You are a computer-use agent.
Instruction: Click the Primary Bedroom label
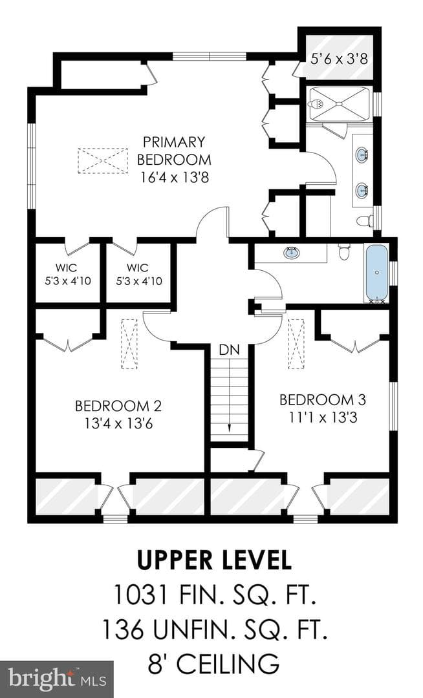click(x=173, y=151)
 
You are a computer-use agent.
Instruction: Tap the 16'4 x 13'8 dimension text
click(x=175, y=178)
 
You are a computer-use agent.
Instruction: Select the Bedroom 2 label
click(x=118, y=406)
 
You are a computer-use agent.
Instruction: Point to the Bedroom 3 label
click(x=322, y=400)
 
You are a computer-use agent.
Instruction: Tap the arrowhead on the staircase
click(x=230, y=428)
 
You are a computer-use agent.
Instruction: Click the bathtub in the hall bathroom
click(x=376, y=273)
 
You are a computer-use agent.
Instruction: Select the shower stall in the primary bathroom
click(x=340, y=103)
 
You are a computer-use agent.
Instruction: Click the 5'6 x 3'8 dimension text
click(x=340, y=58)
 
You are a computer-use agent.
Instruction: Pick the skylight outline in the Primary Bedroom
click(x=103, y=160)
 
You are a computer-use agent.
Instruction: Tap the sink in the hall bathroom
click(x=292, y=253)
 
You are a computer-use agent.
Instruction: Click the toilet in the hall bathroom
click(x=344, y=252)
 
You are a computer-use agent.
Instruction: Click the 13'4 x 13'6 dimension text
click(x=118, y=423)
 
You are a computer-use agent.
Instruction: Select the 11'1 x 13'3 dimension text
click(x=323, y=417)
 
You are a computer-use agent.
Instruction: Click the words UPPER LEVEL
click(x=214, y=560)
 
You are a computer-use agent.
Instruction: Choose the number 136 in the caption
click(x=124, y=629)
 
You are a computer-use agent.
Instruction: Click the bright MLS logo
click(x=57, y=679)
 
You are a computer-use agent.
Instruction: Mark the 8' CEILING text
click(x=213, y=663)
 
